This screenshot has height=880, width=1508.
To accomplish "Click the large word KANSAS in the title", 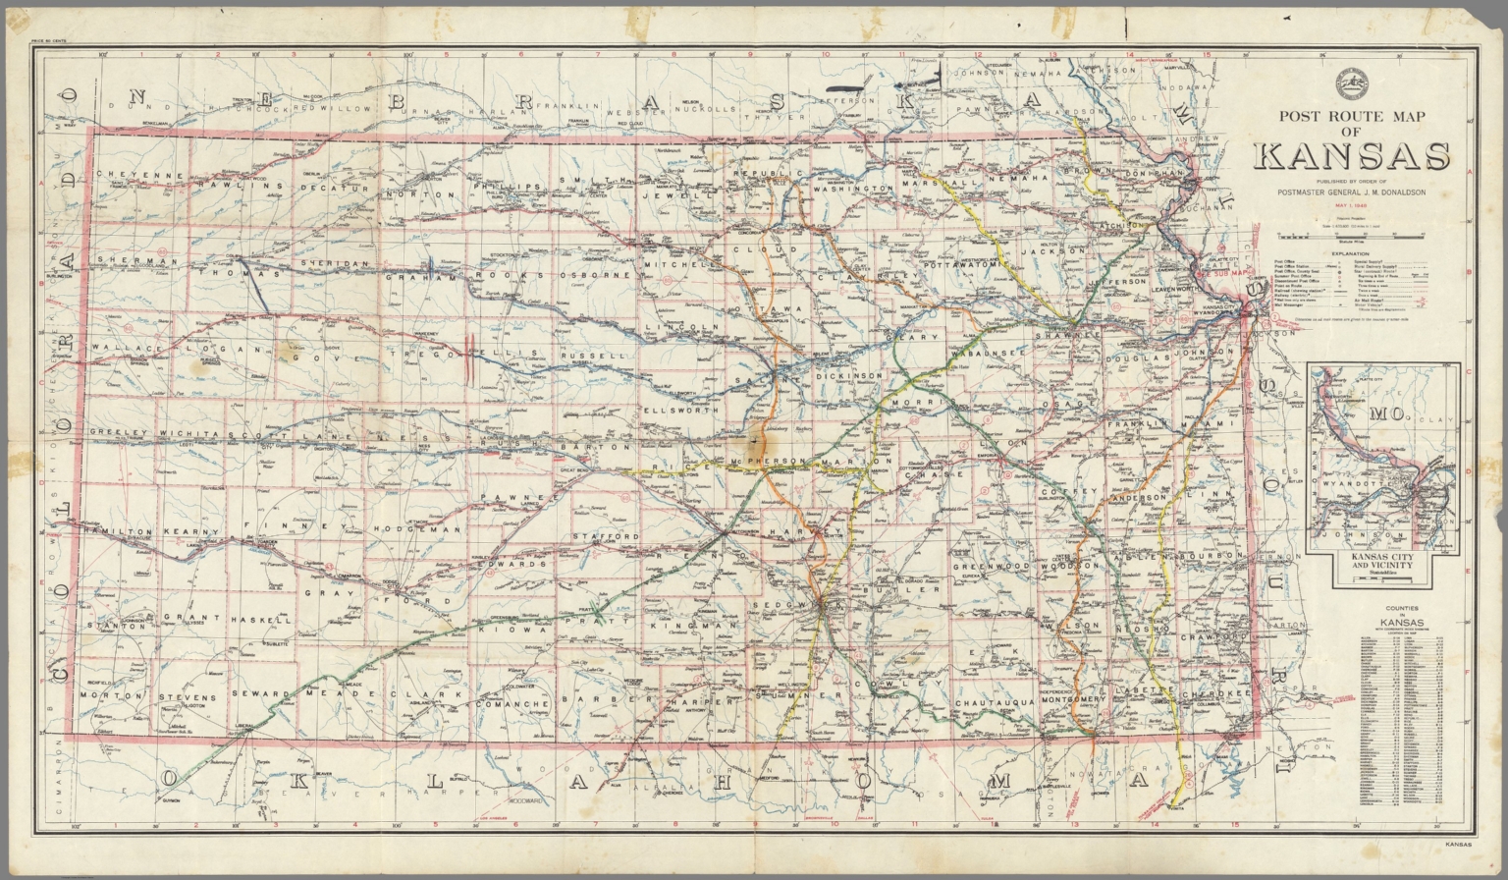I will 1351,157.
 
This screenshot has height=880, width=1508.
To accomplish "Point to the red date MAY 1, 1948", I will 1351,206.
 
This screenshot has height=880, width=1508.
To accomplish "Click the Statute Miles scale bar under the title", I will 1351,236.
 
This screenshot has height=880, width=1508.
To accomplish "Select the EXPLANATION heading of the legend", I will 1351,253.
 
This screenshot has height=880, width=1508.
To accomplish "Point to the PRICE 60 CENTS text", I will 48,42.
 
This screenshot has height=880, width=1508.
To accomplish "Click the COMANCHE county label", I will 512,704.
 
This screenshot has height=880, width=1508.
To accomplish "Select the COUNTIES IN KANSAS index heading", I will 1401,616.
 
